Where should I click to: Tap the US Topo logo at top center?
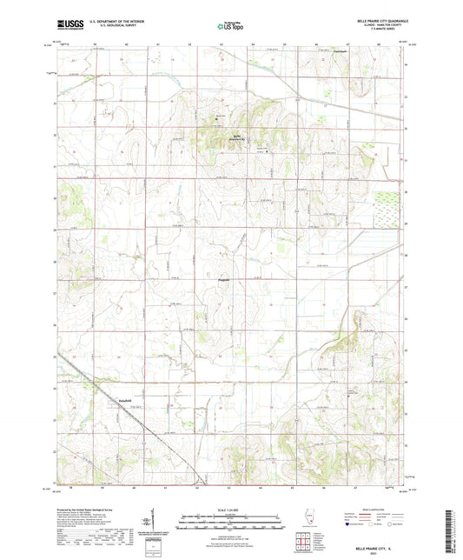(229, 27)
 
